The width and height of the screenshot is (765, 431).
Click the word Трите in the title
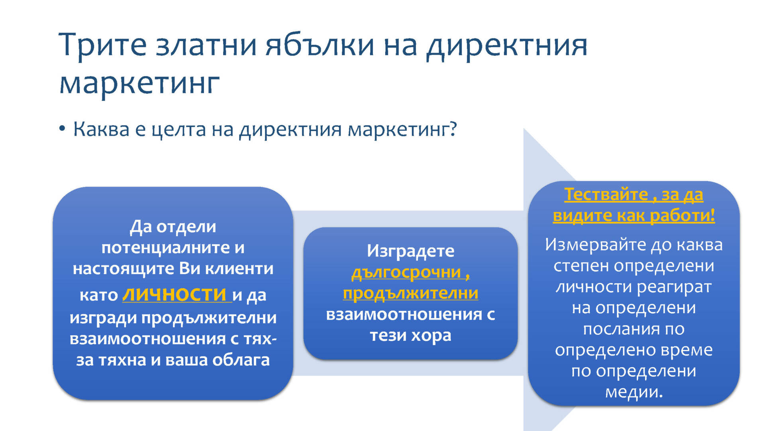[x=103, y=45]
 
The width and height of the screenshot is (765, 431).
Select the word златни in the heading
[x=206, y=45]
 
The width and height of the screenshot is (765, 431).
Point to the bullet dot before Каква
[x=62, y=129]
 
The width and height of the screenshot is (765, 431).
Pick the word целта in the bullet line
[x=179, y=130]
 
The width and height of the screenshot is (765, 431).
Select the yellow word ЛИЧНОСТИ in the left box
[x=175, y=295]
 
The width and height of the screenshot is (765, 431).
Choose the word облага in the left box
[x=241, y=360]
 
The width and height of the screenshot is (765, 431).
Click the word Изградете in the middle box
[x=410, y=251]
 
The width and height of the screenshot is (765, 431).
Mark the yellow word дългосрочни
[x=406, y=273]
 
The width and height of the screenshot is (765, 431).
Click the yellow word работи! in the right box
[x=682, y=216]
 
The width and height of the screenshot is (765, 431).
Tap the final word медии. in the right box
[x=634, y=392]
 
